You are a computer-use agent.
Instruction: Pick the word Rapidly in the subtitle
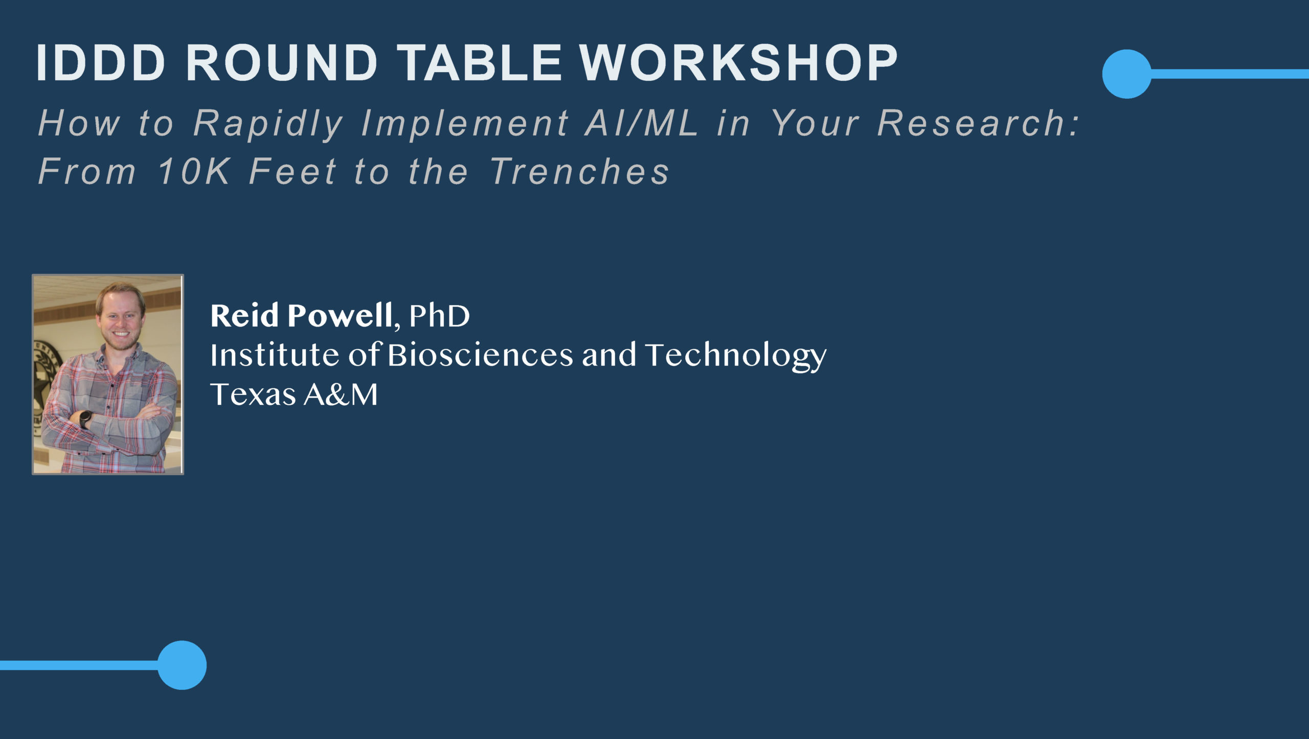click(268, 124)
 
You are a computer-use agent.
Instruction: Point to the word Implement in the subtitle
click(465, 124)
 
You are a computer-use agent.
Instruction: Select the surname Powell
click(340, 315)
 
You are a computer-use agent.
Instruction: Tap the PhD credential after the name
click(439, 315)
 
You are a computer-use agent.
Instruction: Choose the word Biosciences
click(480, 355)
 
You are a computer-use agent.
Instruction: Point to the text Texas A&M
click(294, 395)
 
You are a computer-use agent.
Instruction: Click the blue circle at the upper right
click(1126, 74)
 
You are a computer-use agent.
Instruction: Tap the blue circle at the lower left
click(182, 665)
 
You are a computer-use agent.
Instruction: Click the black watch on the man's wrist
click(86, 419)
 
